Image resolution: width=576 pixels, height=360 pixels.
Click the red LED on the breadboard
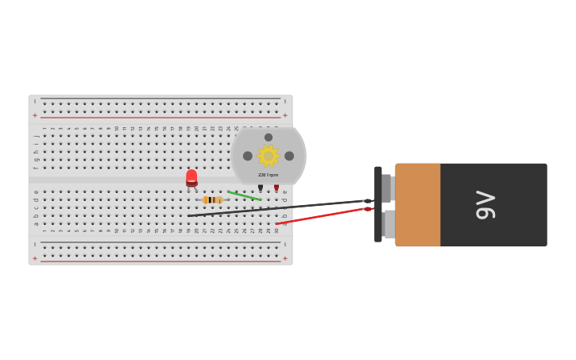pos(191,177)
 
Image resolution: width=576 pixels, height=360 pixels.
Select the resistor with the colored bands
pos(212,200)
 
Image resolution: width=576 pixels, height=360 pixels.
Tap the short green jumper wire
pos(244,195)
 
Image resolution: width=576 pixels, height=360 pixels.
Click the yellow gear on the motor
pos(269,156)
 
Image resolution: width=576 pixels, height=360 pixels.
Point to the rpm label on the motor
pos(269,175)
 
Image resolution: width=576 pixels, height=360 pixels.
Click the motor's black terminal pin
pos(260,188)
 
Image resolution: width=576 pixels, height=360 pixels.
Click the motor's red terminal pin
pos(276,188)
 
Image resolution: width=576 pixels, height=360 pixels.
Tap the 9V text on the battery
pos(485,205)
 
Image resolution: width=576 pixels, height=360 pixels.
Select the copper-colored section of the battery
pos(417,205)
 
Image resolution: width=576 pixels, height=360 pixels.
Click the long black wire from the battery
pos(278,208)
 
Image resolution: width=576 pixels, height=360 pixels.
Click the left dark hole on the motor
pos(248,156)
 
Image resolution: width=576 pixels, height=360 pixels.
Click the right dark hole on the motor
pos(289,156)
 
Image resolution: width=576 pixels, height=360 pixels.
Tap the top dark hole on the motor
pos(269,137)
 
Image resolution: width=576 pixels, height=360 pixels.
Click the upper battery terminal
pos(387,188)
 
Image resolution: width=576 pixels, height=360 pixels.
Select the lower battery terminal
pos(389,224)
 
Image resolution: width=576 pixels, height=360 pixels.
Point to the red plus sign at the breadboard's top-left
pos(34,115)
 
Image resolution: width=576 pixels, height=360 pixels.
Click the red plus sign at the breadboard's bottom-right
pos(285,258)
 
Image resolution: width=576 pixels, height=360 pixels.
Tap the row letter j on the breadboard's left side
pos(36,136)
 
